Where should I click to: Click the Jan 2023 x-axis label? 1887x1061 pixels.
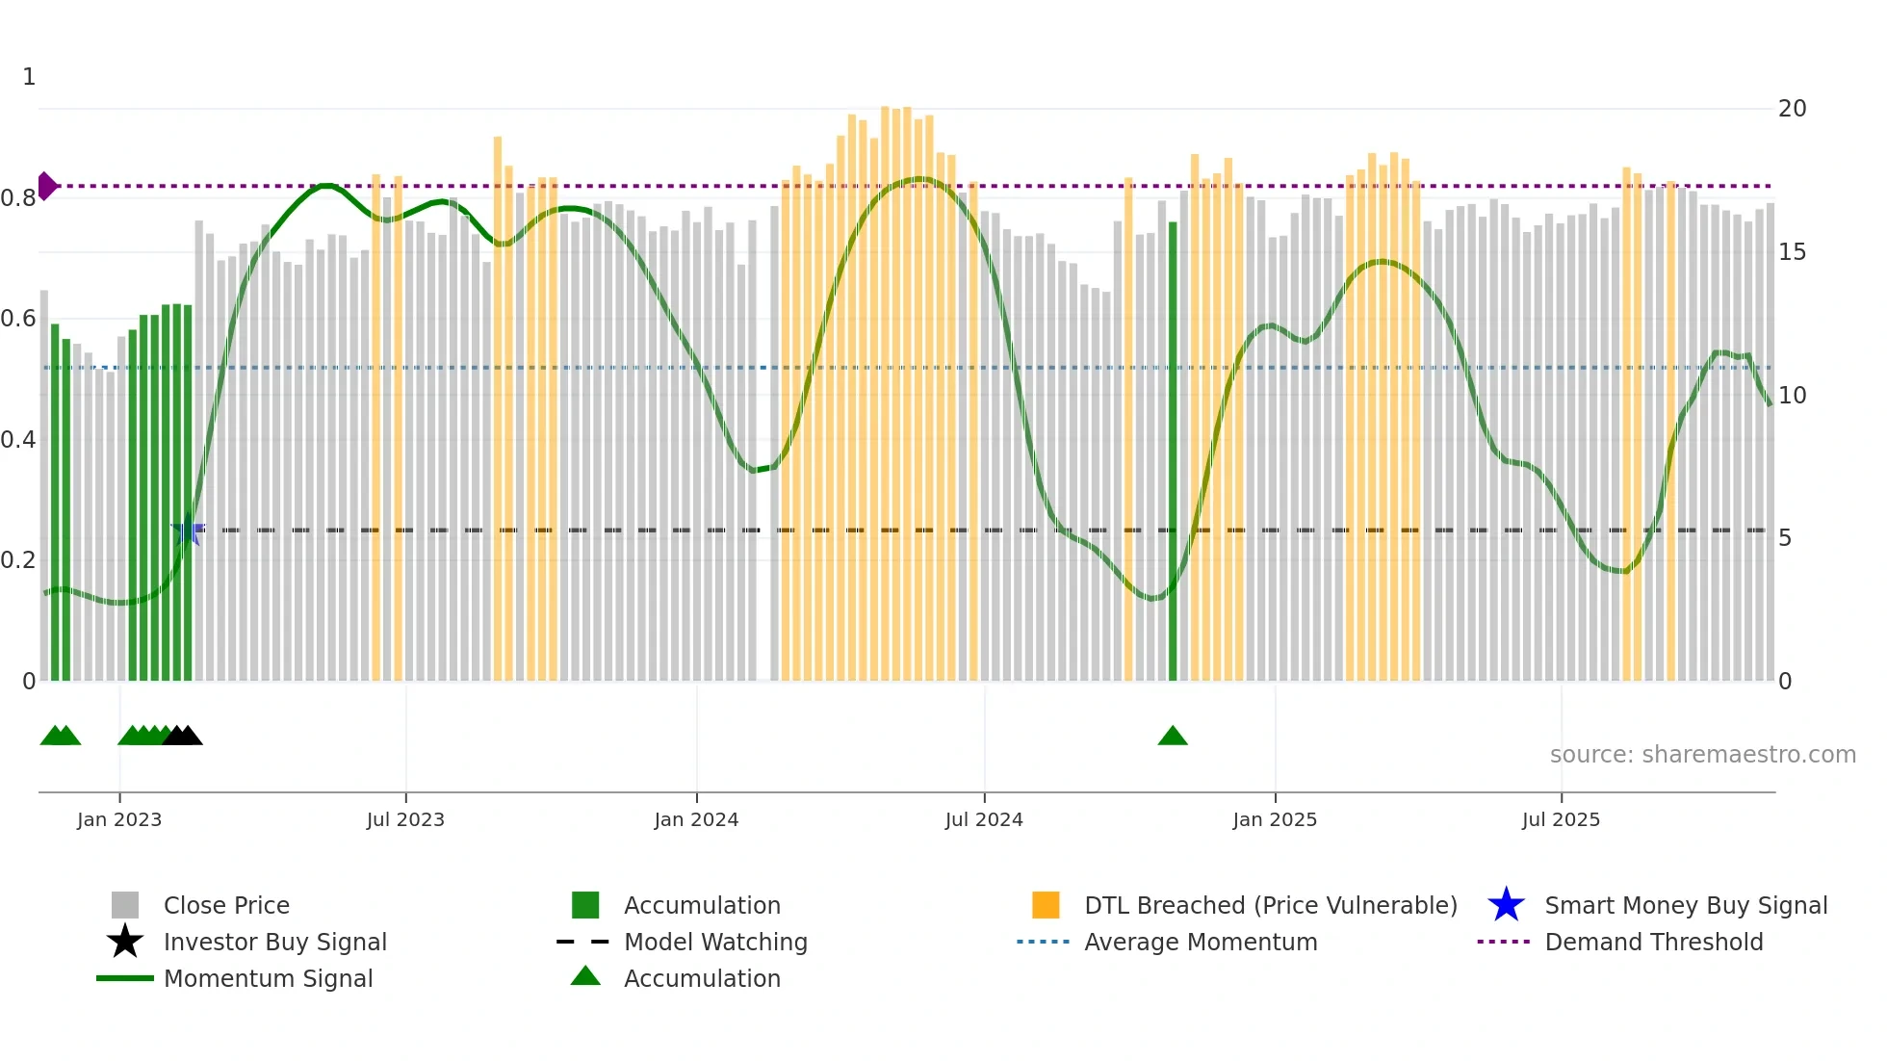click(x=119, y=819)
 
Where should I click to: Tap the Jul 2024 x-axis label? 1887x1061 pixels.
click(x=984, y=819)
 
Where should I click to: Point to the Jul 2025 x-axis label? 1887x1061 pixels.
click(x=1561, y=819)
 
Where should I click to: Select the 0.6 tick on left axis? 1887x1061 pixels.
click(x=18, y=319)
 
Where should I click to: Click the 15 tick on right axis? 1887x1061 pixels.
click(x=1792, y=252)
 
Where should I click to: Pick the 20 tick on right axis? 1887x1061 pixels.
click(x=1792, y=109)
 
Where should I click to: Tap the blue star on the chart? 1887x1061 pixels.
click(x=188, y=531)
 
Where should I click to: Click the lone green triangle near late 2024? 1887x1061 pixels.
click(x=1173, y=737)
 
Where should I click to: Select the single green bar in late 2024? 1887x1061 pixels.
click(x=1173, y=453)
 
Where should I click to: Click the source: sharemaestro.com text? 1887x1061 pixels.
click(x=1702, y=755)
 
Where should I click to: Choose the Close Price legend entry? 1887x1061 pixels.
click(x=226, y=905)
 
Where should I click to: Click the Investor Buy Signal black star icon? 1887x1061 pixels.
click(x=125, y=942)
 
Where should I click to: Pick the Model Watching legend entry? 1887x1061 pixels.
click(x=715, y=942)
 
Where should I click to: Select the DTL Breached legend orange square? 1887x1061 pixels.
click(x=1046, y=905)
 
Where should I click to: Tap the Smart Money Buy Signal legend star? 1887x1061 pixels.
click(x=1506, y=905)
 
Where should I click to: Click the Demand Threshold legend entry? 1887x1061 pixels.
click(x=1653, y=942)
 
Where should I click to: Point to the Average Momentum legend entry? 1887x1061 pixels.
click(x=1201, y=942)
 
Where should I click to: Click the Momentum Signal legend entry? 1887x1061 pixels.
click(x=268, y=978)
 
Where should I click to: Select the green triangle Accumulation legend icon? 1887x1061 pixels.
click(x=585, y=976)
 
